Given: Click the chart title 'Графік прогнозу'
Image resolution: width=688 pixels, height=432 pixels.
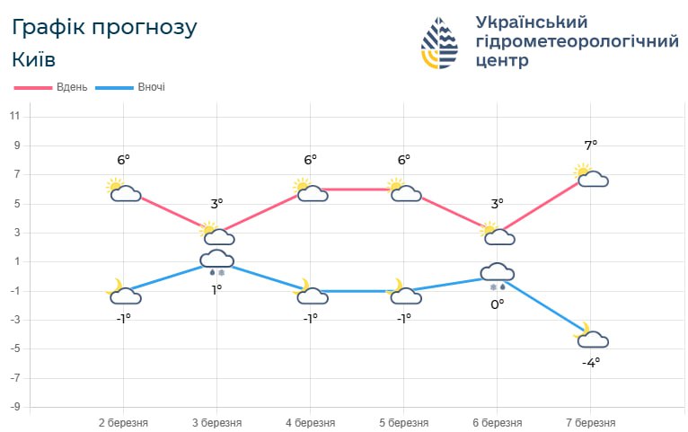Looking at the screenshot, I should tap(104, 27).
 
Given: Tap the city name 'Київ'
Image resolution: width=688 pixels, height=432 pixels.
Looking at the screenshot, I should tap(34, 60).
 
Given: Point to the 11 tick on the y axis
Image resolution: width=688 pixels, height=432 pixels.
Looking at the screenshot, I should tap(15, 117).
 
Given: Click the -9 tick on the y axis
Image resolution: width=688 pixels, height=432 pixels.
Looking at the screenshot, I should tap(15, 407).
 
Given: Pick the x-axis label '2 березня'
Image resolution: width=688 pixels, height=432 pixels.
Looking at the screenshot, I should tap(123, 423).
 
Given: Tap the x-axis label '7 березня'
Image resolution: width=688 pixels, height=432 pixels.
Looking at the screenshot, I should tap(590, 423).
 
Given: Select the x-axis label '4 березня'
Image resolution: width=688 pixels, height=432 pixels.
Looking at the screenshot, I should tap(310, 423).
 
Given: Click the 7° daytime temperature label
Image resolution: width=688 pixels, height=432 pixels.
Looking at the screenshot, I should tap(590, 145).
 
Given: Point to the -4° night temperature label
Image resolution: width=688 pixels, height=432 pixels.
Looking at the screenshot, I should tap(590, 363).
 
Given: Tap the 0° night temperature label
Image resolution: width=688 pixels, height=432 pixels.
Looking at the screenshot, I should tap(497, 304).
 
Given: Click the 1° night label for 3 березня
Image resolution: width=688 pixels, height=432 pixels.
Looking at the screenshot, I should tap(216, 289).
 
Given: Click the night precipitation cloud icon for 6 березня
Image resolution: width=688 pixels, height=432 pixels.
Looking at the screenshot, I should tap(497, 274).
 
